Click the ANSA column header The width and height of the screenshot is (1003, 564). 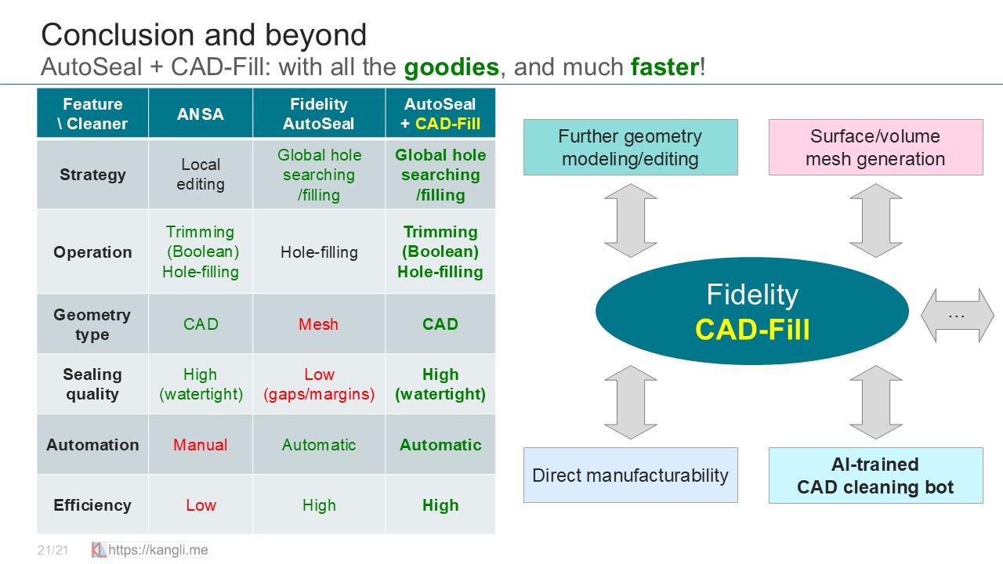201,114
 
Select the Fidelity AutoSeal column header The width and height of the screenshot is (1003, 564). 319,114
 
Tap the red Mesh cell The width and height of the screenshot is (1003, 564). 319,324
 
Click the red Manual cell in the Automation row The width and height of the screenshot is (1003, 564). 201,445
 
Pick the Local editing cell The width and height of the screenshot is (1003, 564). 201,175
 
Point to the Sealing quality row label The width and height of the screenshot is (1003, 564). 92,384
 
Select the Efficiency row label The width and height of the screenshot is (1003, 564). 92,505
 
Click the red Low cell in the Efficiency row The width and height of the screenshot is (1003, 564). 201,505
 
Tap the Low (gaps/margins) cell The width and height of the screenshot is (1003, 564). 319,384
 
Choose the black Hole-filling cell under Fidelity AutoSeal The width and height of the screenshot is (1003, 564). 319,252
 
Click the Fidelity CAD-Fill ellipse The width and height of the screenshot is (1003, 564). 752,312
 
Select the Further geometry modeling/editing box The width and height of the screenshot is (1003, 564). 630,147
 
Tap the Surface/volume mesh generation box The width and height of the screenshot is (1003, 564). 875,147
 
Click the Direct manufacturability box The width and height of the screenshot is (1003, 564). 630,475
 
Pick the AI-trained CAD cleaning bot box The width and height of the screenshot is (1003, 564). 875,475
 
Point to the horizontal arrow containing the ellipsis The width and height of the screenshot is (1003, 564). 957,315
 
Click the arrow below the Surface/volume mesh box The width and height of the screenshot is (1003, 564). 875,220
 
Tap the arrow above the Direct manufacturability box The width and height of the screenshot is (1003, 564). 630,402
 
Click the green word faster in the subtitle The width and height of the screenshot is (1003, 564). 664,67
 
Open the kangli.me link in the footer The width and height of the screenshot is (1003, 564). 158,550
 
